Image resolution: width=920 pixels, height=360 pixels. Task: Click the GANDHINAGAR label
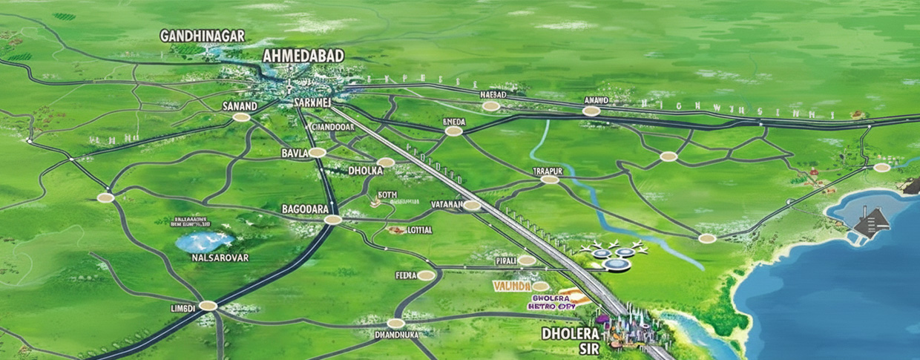203,36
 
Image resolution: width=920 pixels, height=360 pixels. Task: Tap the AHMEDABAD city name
303,56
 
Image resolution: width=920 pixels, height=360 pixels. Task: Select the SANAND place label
240,106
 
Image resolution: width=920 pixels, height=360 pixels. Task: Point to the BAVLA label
294,153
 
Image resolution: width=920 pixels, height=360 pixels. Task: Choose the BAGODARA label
305,209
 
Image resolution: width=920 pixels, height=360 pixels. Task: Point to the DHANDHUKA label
396,335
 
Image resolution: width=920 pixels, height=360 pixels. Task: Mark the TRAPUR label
548,171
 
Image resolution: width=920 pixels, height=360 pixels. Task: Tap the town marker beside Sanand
241,117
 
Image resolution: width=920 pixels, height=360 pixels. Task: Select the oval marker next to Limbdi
208,305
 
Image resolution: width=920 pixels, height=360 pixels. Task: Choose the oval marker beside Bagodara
333,219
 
